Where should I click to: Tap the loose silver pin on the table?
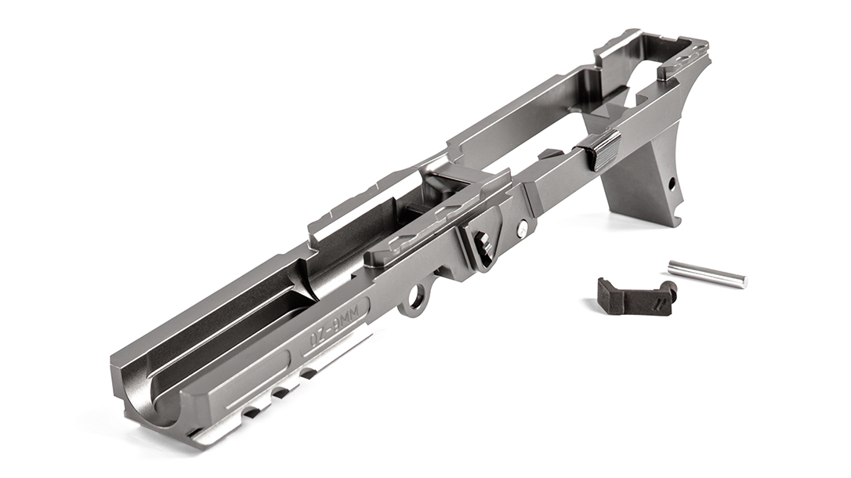[x=707, y=274]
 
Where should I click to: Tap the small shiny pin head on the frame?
[x=522, y=229]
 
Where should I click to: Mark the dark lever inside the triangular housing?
[x=483, y=240]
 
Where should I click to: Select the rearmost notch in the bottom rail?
[x=310, y=374]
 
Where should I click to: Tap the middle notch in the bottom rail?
[x=281, y=393]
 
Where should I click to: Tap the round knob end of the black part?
[x=668, y=290]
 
